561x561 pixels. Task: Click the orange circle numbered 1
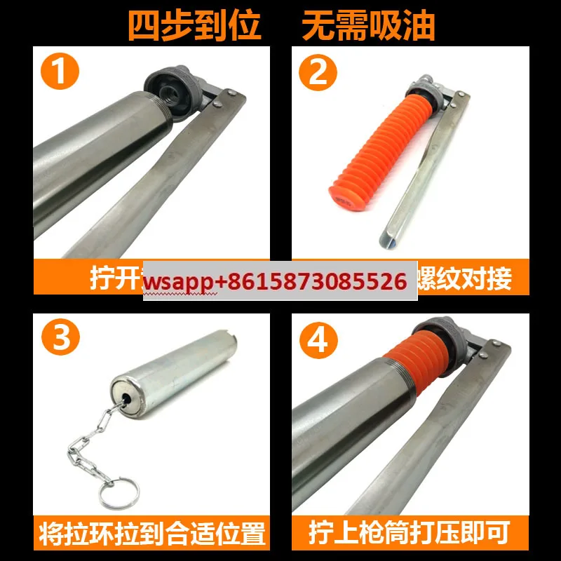coord(60,72)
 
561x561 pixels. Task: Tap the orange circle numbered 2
coord(318,72)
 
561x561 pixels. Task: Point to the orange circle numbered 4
coord(318,340)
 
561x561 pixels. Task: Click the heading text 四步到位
coord(194,25)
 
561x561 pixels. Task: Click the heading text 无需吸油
coord(368,25)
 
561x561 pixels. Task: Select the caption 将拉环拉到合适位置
coord(153,534)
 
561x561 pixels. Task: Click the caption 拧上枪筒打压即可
coord(410,534)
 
